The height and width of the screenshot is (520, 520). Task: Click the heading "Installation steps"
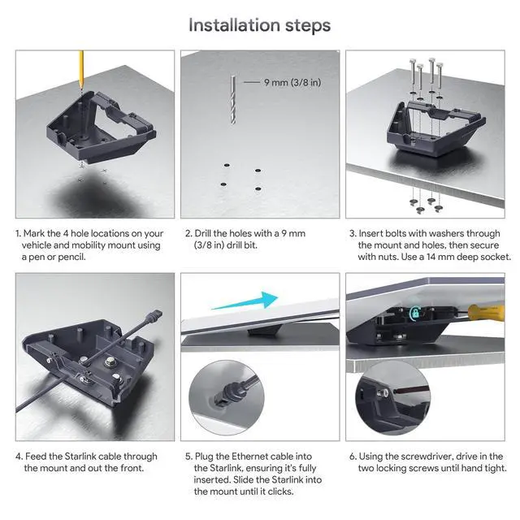tap(259, 25)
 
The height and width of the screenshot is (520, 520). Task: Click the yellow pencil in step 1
tap(81, 70)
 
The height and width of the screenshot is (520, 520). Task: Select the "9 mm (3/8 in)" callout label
tap(290, 82)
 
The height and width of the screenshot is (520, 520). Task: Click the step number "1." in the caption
tap(18, 233)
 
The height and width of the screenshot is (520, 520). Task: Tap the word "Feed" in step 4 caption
tap(37, 457)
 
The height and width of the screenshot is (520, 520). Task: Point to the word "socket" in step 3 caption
tap(494, 257)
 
